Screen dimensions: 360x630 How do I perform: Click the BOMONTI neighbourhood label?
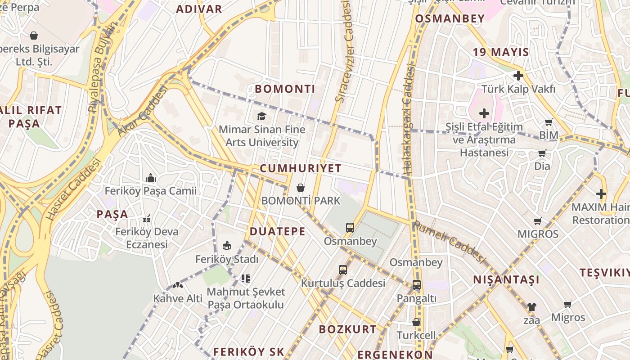(x=285, y=89)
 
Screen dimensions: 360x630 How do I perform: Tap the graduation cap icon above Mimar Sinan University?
(x=261, y=117)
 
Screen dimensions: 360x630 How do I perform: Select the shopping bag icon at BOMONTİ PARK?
(x=301, y=188)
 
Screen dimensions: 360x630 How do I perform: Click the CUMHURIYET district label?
(x=301, y=168)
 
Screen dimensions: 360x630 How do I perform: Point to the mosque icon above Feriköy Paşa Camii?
(x=151, y=178)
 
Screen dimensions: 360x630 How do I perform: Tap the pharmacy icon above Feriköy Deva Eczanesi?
(x=146, y=219)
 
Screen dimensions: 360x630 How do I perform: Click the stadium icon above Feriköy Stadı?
(x=227, y=246)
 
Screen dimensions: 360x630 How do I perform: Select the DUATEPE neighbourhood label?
(x=277, y=232)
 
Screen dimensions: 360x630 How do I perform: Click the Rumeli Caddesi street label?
(x=449, y=242)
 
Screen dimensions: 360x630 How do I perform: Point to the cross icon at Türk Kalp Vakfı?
(x=518, y=76)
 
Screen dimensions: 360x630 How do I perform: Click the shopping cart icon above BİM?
(x=549, y=122)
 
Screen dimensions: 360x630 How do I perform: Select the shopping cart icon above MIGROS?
(x=537, y=221)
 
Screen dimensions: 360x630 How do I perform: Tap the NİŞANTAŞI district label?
(x=506, y=280)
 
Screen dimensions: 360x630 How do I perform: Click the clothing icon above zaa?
(x=531, y=307)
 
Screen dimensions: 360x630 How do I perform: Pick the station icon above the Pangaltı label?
(x=416, y=284)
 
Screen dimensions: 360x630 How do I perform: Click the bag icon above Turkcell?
(x=416, y=322)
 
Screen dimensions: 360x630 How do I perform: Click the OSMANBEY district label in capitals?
(x=450, y=18)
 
